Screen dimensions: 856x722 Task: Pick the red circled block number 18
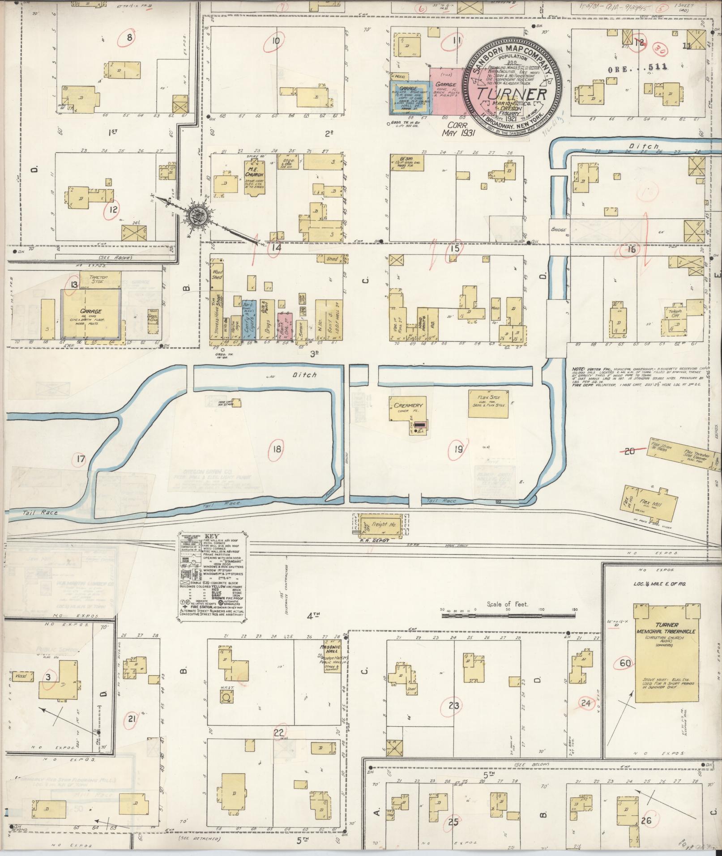pos(277,448)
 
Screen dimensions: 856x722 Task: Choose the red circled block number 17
pos(81,459)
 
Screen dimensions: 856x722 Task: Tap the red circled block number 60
pos(625,662)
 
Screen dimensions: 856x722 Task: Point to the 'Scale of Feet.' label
pos(507,604)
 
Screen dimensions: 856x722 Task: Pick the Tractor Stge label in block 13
pos(90,279)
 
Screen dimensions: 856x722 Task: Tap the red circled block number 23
pos(454,706)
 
